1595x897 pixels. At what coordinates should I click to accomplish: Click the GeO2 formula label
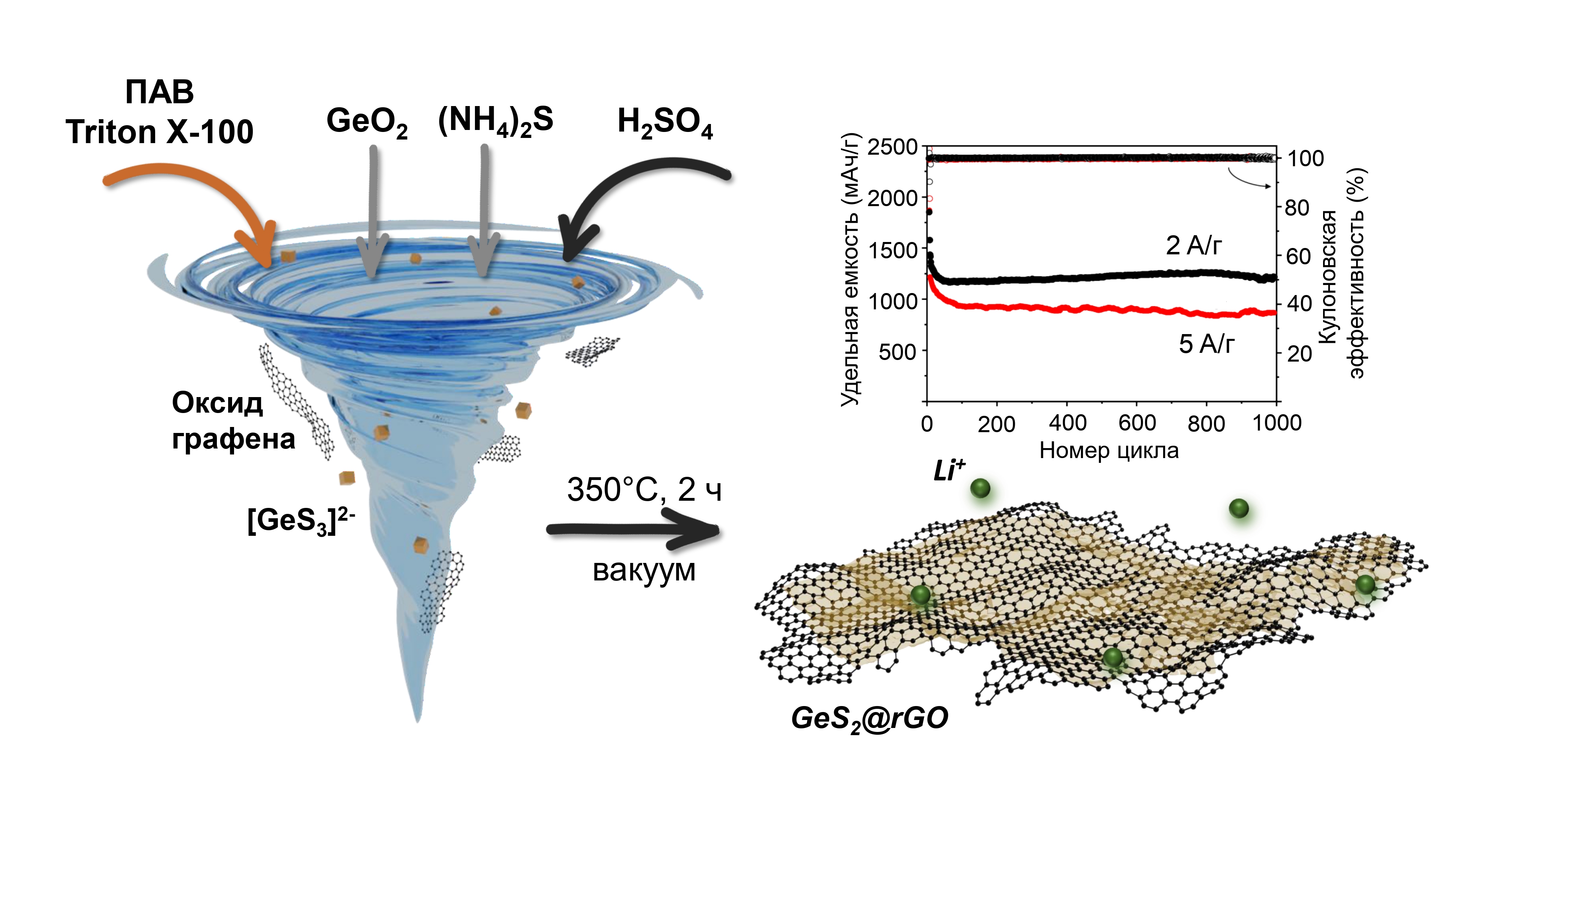tap(366, 122)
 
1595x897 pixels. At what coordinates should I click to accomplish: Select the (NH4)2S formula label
tap(495, 121)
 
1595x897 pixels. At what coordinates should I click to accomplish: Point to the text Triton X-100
tap(160, 132)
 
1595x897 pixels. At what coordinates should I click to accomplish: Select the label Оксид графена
tap(232, 421)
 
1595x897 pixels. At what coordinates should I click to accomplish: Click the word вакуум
tap(644, 570)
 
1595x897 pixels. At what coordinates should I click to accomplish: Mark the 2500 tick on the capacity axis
tap(892, 148)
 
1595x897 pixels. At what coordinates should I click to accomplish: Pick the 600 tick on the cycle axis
tap(1137, 423)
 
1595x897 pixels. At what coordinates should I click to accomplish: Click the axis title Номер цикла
tap(1109, 450)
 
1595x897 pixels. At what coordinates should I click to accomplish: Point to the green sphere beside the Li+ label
tap(980, 488)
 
